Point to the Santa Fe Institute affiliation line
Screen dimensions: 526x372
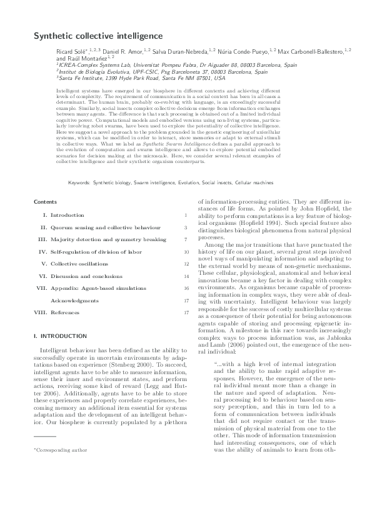click(x=141, y=78)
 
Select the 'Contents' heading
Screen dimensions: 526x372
click(x=46, y=202)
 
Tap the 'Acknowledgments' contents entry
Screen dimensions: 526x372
click(x=74, y=300)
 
